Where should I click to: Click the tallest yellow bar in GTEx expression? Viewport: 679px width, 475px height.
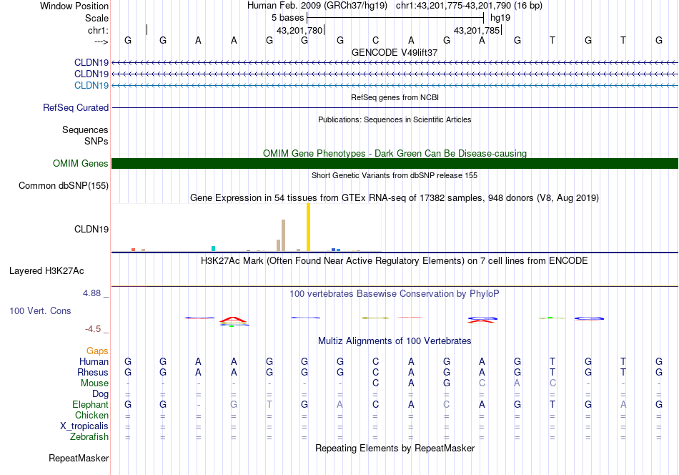[x=308, y=227]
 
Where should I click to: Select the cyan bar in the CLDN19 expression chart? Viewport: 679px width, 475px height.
[x=213, y=248]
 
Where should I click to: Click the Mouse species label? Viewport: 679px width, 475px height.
[x=94, y=383]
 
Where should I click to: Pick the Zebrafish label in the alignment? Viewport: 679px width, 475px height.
[x=89, y=437]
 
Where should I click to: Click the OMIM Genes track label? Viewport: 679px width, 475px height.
[x=81, y=164]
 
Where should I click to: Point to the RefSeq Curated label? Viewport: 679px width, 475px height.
[x=76, y=108]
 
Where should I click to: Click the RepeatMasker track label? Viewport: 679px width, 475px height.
[x=79, y=459]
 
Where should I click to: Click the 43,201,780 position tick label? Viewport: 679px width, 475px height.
[x=299, y=31]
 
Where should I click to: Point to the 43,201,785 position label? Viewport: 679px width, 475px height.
[x=477, y=31]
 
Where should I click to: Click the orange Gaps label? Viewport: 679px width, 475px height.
[x=97, y=351]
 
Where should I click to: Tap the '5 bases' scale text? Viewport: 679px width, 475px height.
[x=287, y=17]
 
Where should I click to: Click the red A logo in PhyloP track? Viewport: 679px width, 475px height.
[x=234, y=320]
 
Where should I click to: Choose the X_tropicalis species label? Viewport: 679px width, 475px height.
[x=84, y=426]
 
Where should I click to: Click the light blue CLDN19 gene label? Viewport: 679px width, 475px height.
[x=91, y=86]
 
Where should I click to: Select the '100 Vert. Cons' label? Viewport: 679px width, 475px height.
[x=40, y=311]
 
